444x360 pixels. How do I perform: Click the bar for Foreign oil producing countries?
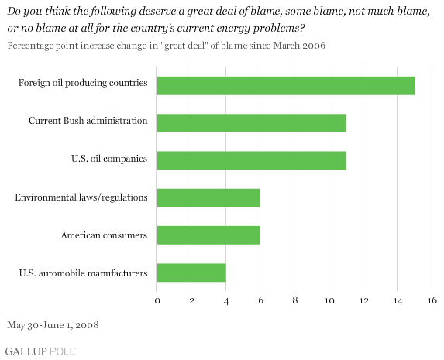point(286,86)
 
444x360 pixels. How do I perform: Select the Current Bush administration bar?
point(252,123)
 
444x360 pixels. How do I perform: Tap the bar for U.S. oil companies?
point(252,160)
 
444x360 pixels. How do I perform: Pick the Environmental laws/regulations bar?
point(208,198)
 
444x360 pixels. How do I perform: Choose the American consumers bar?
point(208,235)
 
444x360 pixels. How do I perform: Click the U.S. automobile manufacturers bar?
point(191,273)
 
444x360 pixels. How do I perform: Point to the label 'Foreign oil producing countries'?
point(83,83)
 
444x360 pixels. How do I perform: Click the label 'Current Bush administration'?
point(88,121)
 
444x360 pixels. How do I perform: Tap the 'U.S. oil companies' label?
point(109,159)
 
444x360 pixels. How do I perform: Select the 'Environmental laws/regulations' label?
point(81,197)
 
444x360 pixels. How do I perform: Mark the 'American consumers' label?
point(104,235)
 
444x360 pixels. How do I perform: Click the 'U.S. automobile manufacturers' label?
point(83,273)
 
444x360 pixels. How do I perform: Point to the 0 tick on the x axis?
point(157,300)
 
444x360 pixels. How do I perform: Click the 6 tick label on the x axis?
point(260,300)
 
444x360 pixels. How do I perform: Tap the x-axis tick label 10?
point(329,300)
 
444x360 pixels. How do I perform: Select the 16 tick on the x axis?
point(432,300)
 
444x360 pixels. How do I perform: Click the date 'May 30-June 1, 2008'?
point(53,325)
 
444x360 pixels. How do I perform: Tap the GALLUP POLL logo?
point(40,351)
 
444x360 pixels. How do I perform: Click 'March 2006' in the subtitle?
point(299,46)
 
